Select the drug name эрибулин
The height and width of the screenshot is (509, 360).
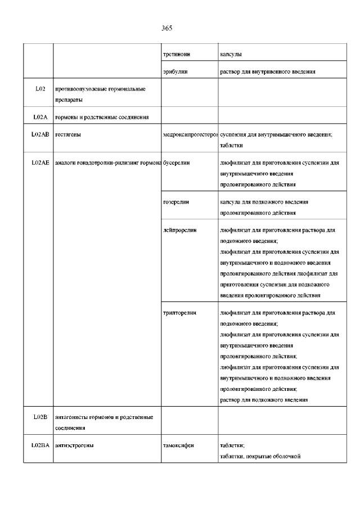tap(175, 71)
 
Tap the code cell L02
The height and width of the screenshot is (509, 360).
tap(39, 89)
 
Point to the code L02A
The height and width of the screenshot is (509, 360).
tap(39, 117)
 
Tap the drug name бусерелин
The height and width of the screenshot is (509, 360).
tap(176, 162)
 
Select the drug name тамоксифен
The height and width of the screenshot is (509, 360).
tap(179, 445)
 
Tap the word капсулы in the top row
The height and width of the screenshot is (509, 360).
tap(232, 55)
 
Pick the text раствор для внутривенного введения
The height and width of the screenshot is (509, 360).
tap(267, 71)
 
